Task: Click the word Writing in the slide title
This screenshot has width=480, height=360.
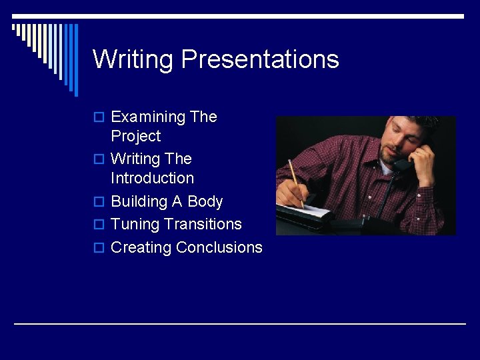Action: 133,59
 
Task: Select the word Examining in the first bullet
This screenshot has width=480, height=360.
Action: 149,117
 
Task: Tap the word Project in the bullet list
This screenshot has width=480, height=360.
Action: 136,137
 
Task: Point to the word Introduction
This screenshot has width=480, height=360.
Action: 153,179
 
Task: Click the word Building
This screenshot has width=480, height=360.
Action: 140,202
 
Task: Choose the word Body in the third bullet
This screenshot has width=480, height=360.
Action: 205,202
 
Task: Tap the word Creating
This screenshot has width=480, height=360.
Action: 141,247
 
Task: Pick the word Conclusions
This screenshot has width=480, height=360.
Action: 219,247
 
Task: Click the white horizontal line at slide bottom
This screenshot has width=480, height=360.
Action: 240,324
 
